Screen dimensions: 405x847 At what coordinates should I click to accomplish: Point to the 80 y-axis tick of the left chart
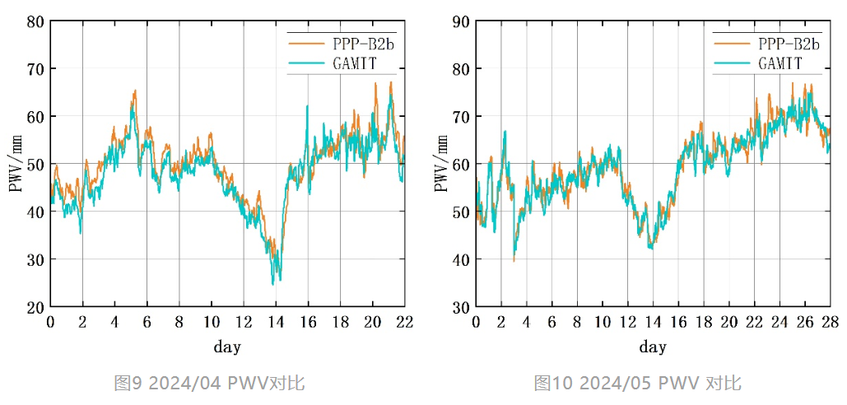click(x=35, y=21)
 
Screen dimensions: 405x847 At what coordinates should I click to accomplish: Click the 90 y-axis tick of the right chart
click(x=461, y=21)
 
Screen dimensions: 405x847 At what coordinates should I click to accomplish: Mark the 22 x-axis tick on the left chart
click(x=404, y=321)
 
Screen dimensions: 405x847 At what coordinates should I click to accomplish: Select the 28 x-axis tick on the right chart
click(x=831, y=321)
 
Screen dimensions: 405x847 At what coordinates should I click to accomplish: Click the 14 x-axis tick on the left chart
click(x=276, y=321)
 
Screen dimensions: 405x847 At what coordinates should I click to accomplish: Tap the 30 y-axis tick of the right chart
click(x=461, y=307)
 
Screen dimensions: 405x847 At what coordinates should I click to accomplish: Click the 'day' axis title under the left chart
click(x=227, y=347)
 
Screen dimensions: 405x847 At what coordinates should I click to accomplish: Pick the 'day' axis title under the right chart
click(x=653, y=347)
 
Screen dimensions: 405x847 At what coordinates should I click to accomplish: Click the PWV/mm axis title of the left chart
click(x=15, y=164)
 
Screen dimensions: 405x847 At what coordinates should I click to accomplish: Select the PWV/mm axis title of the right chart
click(x=441, y=164)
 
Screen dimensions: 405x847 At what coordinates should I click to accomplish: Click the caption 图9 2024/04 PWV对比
click(x=209, y=383)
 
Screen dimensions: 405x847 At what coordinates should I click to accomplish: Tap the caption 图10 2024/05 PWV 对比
click(x=637, y=383)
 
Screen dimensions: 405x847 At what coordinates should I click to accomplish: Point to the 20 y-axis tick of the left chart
click(x=35, y=307)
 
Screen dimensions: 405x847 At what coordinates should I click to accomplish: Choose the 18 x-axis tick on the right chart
click(x=704, y=321)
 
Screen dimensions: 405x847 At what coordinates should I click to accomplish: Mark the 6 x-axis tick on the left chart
click(x=147, y=321)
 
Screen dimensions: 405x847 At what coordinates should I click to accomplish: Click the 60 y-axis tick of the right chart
click(x=461, y=165)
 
